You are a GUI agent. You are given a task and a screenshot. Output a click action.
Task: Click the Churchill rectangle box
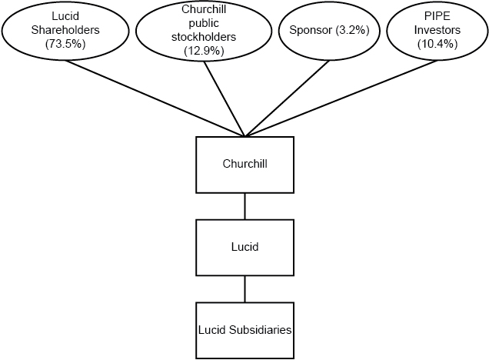(x=244, y=165)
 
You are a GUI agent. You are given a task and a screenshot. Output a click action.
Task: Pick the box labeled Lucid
(x=244, y=248)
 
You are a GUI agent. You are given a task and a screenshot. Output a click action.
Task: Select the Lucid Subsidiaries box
(x=244, y=329)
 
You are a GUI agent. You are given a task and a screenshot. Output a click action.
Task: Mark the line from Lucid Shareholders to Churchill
(x=154, y=98)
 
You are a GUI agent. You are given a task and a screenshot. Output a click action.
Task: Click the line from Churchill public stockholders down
(x=224, y=98)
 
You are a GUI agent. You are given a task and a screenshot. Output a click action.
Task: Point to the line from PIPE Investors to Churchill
(x=338, y=98)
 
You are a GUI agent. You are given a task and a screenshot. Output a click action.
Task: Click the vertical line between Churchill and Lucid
(x=244, y=206)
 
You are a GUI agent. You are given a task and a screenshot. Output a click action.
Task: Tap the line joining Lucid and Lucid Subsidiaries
(x=244, y=288)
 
